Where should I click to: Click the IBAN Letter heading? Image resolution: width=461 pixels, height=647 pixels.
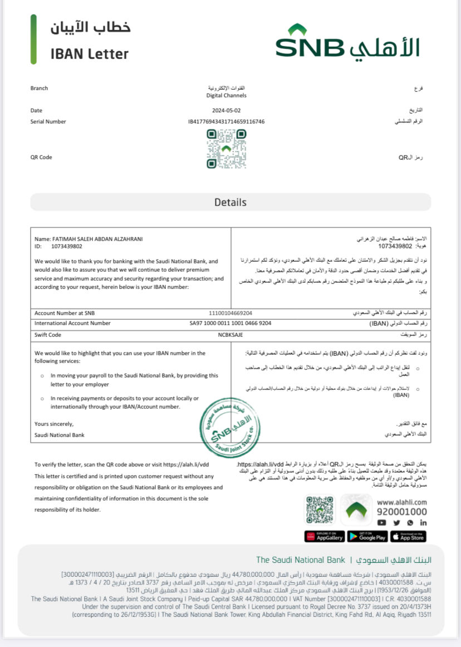click(90, 54)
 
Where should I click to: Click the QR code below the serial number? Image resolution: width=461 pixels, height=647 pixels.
click(226, 149)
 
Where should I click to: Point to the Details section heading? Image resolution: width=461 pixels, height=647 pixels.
click(230, 202)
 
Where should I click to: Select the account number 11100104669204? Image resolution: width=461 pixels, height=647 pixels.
click(230, 313)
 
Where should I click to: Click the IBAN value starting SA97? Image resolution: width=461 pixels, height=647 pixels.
click(230, 323)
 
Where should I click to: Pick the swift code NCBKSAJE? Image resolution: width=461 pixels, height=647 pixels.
click(230, 335)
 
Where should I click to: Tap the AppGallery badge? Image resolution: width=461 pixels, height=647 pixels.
click(325, 537)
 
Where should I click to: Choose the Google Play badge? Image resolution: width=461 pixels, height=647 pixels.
click(367, 537)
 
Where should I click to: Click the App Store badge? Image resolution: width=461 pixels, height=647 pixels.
click(408, 537)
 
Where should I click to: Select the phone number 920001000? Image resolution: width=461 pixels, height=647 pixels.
click(401, 512)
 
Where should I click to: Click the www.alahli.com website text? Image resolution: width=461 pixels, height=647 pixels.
click(401, 502)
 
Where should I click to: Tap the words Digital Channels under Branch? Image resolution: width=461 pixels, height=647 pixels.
click(226, 96)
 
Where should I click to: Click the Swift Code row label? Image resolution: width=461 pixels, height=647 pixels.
click(48, 335)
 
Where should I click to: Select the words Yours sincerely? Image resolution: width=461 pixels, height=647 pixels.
click(54, 424)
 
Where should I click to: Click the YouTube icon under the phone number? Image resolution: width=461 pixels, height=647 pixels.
click(381, 523)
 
